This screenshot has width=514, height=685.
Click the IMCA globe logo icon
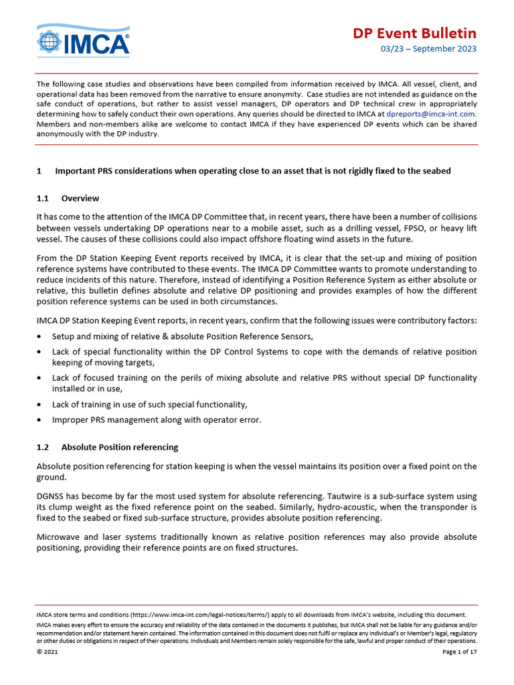pos(50,41)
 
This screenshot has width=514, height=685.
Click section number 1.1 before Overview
pos(44,198)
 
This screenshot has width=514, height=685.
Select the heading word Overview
pos(80,198)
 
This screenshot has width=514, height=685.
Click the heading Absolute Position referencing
pos(120,447)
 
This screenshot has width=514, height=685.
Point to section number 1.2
pos(44,447)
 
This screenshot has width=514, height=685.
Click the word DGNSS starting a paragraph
pos(51,497)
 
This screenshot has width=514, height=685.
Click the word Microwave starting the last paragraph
pos(59,537)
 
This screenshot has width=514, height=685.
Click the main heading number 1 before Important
pos(39,171)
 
